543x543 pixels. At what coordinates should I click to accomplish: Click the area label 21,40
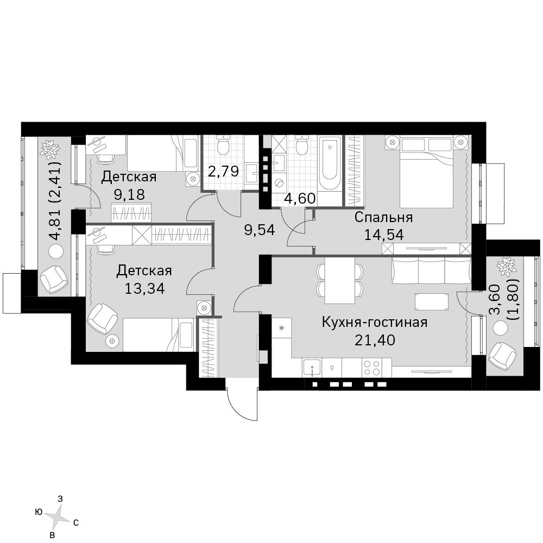375,340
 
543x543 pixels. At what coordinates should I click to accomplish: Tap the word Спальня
384,218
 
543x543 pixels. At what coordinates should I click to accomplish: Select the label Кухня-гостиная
375,323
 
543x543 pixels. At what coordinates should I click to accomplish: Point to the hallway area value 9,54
260,230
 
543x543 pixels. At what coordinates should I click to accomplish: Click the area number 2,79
223,171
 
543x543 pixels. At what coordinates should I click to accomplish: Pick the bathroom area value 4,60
300,198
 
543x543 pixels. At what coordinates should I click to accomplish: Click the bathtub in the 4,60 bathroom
330,163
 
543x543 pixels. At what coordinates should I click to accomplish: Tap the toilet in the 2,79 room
222,146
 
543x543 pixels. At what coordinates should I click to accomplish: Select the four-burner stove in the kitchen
371,368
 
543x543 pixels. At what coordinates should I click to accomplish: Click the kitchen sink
312,368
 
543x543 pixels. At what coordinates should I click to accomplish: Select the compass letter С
76,523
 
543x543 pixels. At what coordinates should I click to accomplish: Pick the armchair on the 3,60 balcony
502,357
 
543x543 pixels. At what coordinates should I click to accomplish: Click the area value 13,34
144,288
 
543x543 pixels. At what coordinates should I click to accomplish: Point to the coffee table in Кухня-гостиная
432,302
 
